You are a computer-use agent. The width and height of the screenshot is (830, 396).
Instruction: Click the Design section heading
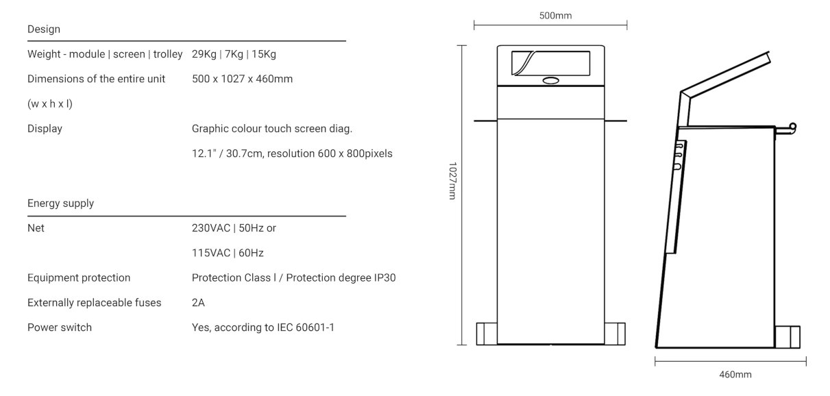click(x=44, y=29)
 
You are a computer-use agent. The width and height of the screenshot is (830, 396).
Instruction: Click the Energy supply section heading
click(x=61, y=203)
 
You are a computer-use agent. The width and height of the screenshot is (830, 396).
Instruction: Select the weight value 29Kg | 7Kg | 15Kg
click(x=234, y=54)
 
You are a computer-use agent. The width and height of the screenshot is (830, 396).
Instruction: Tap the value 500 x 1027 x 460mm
click(x=243, y=79)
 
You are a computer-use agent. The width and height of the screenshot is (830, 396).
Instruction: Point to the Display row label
click(x=45, y=129)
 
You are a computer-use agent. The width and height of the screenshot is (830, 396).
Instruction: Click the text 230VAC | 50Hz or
click(x=234, y=228)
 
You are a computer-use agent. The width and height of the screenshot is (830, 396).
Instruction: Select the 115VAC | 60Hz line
click(x=228, y=253)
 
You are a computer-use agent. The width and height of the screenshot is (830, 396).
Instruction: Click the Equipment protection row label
click(x=79, y=278)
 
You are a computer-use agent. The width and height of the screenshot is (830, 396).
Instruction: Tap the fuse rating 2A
click(x=198, y=303)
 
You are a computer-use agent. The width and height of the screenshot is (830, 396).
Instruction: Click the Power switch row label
click(x=60, y=327)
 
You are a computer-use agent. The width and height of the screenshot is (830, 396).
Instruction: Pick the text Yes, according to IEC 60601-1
click(x=263, y=327)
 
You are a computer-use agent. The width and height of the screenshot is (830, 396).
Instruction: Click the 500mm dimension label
click(x=555, y=16)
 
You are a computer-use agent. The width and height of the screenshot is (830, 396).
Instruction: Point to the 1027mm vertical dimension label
click(x=452, y=181)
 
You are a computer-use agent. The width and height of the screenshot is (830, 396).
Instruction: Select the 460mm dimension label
click(x=735, y=375)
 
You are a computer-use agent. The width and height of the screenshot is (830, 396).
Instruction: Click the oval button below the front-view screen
click(x=550, y=80)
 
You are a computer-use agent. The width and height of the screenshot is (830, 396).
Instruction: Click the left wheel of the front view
click(x=487, y=334)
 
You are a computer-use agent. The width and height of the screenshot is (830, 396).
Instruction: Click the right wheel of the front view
click(x=615, y=334)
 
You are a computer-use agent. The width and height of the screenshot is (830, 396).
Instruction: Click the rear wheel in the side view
click(x=788, y=337)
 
